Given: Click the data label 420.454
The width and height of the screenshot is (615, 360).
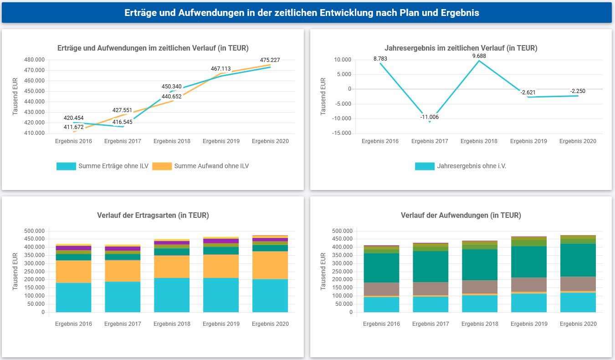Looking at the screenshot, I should coord(73,118).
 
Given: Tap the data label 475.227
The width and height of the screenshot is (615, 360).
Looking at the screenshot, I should coord(270,60).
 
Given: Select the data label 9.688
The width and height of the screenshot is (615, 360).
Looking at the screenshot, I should coord(479,57).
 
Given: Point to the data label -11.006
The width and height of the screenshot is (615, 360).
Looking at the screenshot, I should coord(430,117).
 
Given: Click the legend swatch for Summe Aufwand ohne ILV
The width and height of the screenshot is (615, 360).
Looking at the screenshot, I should coord(162,166).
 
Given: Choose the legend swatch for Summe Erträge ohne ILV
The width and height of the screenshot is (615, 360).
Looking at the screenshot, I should coord(66,166).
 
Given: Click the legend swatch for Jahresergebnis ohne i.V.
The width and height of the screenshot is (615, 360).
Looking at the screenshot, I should coord(425,166).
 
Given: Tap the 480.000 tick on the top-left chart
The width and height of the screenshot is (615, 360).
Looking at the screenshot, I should coord(34,60).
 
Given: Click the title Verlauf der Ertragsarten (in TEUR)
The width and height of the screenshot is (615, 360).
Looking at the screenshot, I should coord(153,216).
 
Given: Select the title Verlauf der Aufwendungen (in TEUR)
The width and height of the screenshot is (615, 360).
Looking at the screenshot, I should coord(461,216).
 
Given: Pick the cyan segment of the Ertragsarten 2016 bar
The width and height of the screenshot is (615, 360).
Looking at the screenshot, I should coord(73,298).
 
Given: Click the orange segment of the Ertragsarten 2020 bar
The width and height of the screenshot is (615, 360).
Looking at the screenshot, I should coord(270,265).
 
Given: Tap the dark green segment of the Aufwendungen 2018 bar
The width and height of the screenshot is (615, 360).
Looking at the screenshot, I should coord(480,264).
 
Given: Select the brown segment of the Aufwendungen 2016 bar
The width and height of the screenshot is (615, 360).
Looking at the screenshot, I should coord(381,289).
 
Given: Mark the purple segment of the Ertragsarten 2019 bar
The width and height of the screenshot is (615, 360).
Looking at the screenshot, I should coord(221,241).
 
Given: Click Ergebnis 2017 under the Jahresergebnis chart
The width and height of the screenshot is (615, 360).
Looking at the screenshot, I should coord(429,141).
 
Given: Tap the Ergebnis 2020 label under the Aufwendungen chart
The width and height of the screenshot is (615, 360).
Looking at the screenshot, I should coord(578,324).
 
